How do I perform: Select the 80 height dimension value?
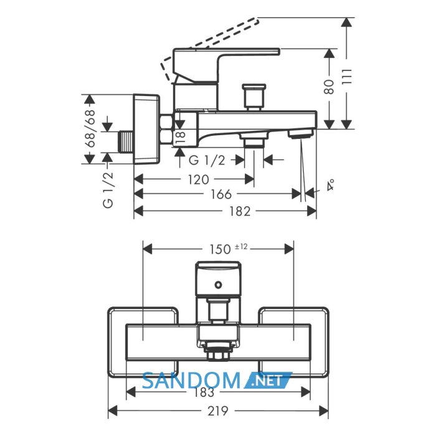click(329, 87)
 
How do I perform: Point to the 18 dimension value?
click(180, 138)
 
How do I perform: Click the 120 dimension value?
click(198, 180)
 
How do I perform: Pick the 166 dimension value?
click(221, 194)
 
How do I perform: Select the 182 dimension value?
click(240, 211)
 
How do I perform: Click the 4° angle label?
click(330, 185)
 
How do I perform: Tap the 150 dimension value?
click(220, 249)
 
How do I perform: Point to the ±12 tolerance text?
click(241, 247)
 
